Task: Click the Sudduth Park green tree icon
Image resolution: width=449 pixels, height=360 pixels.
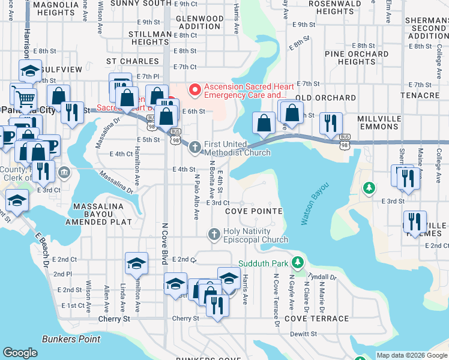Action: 297,263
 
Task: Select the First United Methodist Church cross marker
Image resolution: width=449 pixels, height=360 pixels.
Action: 195,147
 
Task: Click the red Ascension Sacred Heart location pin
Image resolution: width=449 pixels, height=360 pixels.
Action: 194,91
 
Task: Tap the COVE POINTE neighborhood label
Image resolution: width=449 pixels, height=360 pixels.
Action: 253,211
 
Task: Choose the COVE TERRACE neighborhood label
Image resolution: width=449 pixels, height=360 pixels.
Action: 316,319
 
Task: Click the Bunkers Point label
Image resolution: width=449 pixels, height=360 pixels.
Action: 71,339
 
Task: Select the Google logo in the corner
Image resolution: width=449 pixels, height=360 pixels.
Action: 20,353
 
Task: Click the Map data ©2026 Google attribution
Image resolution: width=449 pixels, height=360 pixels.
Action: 411,355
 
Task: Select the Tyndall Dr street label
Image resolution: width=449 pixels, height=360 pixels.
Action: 324,277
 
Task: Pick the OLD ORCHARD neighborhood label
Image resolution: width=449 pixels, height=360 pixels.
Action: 325,97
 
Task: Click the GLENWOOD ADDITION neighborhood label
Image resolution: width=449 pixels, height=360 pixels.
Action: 199,23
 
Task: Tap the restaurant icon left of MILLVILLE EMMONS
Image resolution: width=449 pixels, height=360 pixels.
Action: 330,123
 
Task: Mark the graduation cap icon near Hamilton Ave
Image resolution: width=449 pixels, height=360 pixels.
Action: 136,263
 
